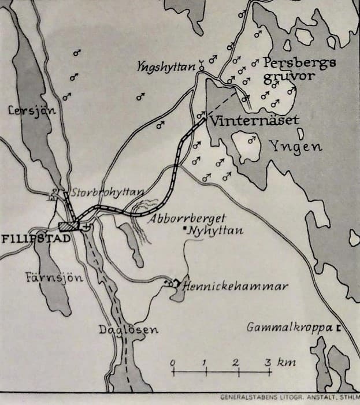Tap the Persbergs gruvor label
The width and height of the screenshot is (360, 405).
[x=298, y=70]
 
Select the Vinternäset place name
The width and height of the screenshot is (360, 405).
[x=254, y=121]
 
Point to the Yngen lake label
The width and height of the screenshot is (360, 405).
[x=295, y=147]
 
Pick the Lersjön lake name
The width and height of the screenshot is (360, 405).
[x=31, y=110]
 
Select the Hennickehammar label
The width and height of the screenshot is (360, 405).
[x=235, y=286]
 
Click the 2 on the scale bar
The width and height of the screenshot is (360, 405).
[x=236, y=362]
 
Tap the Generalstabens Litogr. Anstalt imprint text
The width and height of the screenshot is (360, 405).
[x=290, y=397]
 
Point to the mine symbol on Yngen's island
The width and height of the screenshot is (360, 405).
[x=251, y=139]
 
